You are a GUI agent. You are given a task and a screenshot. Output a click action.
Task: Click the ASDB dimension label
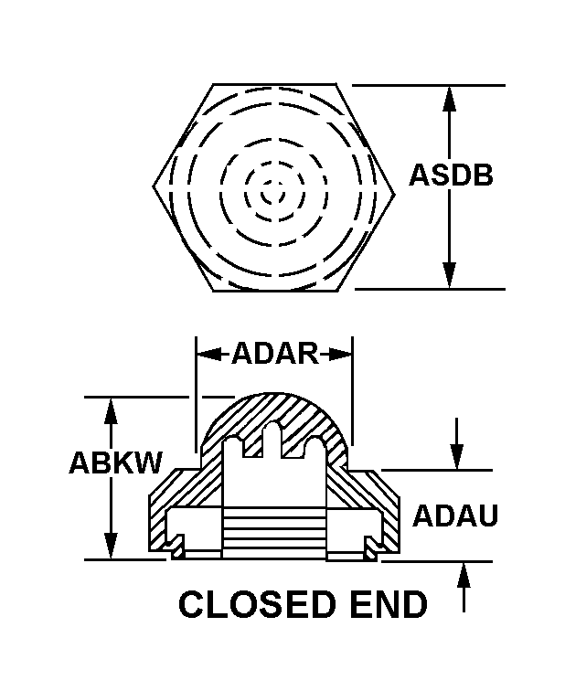(451, 175)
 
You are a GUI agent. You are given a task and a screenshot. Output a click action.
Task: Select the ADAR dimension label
(274, 353)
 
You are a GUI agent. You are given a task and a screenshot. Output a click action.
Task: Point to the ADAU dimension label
(455, 516)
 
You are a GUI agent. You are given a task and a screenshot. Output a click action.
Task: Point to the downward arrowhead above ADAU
(457, 456)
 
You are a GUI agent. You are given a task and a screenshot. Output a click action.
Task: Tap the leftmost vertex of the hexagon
(154, 188)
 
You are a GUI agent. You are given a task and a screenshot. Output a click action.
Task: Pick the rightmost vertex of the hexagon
(396, 188)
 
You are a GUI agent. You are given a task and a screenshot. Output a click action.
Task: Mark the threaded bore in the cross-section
(273, 531)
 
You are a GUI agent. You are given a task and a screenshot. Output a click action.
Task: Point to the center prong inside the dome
(272, 440)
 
